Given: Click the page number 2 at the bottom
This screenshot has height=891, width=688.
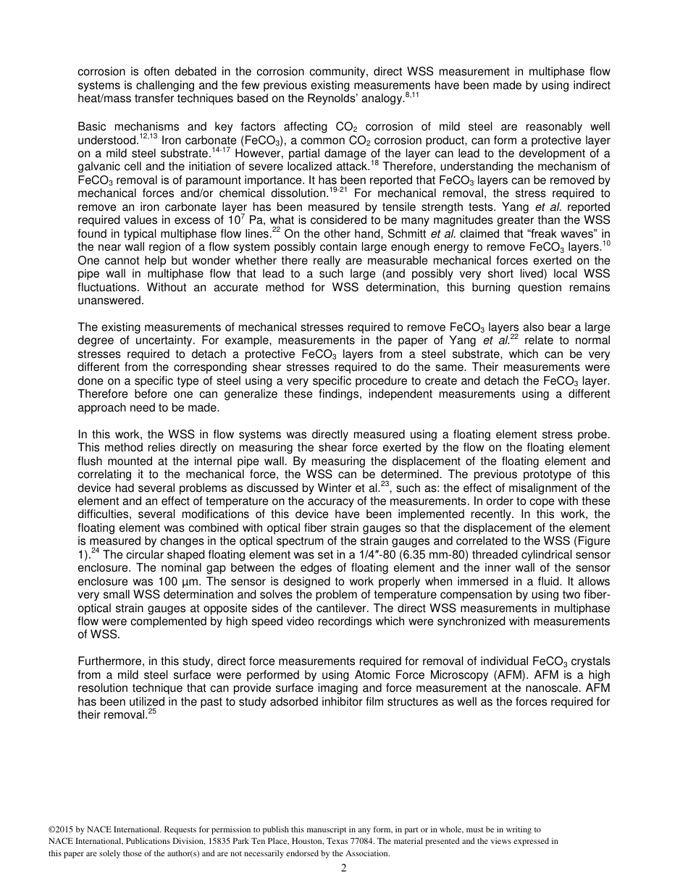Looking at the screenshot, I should click(x=344, y=869).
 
